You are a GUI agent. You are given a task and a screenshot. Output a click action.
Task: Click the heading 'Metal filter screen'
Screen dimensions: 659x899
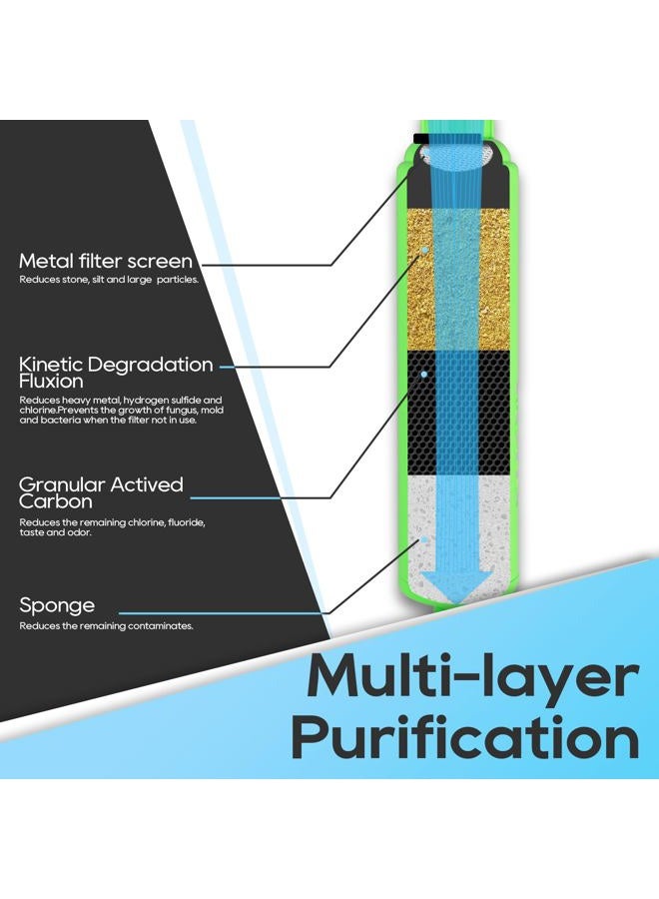pos(106,262)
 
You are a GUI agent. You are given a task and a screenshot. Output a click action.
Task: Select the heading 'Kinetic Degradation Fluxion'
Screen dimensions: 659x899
pos(116,373)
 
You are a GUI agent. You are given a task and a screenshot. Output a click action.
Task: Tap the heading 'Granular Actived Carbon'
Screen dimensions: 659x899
pos(101,493)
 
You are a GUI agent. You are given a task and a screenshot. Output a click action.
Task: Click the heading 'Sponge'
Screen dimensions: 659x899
pos(57,605)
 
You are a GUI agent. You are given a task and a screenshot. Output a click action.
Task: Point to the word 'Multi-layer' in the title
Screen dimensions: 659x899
pos(472,677)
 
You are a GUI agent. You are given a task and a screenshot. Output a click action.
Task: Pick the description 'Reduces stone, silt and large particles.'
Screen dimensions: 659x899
pos(109,280)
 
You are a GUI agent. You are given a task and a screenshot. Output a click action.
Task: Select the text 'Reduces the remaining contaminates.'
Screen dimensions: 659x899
pos(106,626)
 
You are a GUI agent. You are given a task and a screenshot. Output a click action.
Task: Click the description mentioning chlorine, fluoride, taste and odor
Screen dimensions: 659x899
pos(112,527)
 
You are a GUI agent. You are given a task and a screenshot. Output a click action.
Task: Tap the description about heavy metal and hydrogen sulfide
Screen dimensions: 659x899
pos(122,410)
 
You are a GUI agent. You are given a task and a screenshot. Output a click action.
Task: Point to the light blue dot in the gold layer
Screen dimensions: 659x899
pos(424,251)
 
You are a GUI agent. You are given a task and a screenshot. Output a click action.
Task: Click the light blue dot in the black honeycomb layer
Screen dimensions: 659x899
pos(424,374)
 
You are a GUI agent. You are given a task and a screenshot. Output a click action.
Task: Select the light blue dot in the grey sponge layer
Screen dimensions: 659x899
pos(424,539)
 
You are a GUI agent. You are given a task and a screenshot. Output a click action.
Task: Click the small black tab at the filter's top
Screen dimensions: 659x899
pos(420,138)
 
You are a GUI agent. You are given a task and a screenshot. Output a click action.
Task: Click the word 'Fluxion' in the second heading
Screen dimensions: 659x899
pos(51,382)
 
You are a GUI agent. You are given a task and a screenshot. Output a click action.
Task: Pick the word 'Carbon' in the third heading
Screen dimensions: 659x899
pos(56,501)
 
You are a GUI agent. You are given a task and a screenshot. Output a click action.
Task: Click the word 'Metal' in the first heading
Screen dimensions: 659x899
pos(45,262)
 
